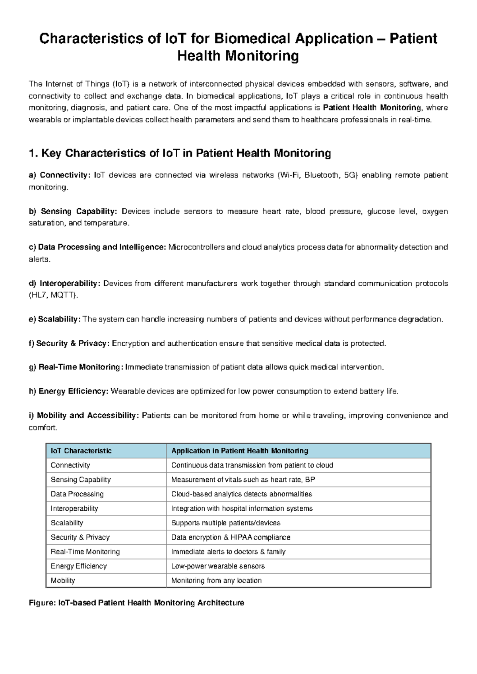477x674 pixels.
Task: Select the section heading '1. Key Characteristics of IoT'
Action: (180, 153)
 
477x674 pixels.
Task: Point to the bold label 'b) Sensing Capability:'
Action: (73, 211)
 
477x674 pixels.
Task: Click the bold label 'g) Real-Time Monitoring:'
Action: (76, 367)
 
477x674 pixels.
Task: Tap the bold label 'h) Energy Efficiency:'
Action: (68, 391)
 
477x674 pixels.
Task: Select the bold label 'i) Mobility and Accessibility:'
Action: (84, 415)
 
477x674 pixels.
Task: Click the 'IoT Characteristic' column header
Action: (81, 451)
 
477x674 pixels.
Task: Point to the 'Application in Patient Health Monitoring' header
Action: (240, 451)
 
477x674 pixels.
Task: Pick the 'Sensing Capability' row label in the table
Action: (81, 480)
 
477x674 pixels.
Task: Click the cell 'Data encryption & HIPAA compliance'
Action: (231, 537)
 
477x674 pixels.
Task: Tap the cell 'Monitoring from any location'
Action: (216, 581)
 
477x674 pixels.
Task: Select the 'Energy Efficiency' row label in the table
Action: (79, 566)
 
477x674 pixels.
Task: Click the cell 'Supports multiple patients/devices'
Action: (225, 523)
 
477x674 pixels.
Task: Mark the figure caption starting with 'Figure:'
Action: (137, 603)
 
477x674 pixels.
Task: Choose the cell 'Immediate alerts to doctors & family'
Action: (228, 552)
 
